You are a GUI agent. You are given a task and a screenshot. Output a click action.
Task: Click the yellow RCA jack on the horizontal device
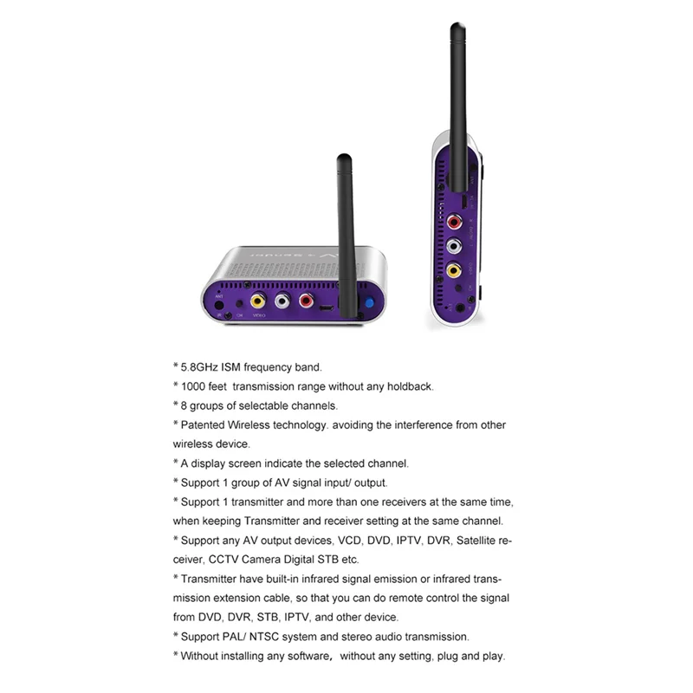pos(257,301)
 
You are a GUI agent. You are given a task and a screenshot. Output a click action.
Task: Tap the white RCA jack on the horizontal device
pos(282,302)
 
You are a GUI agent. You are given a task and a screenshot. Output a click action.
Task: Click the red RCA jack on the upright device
pos(454,223)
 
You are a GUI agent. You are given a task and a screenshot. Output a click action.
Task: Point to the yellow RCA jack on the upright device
pos(453,270)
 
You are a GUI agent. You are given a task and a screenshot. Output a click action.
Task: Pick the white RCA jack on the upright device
pos(454,247)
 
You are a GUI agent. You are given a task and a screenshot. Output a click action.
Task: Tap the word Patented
pos(203,424)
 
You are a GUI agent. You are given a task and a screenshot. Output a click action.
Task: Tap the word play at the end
pos(491,656)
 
